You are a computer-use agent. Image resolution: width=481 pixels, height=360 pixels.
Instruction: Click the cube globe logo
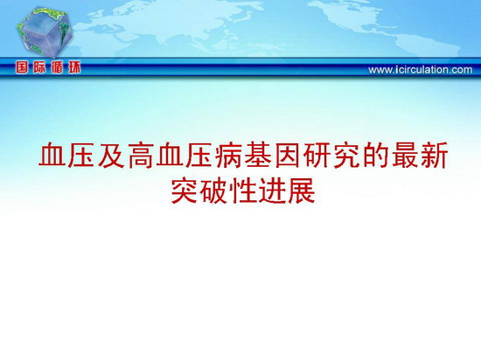point(45,33)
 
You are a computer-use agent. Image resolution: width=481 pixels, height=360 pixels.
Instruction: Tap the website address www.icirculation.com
point(421,70)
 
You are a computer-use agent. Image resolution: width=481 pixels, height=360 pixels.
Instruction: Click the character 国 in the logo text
point(22,67)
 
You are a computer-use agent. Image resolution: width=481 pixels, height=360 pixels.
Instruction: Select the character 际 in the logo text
point(39,67)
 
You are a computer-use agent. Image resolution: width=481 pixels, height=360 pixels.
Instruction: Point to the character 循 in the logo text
point(57,67)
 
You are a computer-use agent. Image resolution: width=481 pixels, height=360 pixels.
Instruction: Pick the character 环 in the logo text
point(74,67)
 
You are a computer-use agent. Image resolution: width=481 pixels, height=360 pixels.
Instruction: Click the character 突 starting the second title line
point(185,190)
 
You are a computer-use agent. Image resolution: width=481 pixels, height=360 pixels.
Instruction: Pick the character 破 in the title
point(214,190)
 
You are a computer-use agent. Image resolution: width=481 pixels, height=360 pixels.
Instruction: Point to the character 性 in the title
point(244,190)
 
